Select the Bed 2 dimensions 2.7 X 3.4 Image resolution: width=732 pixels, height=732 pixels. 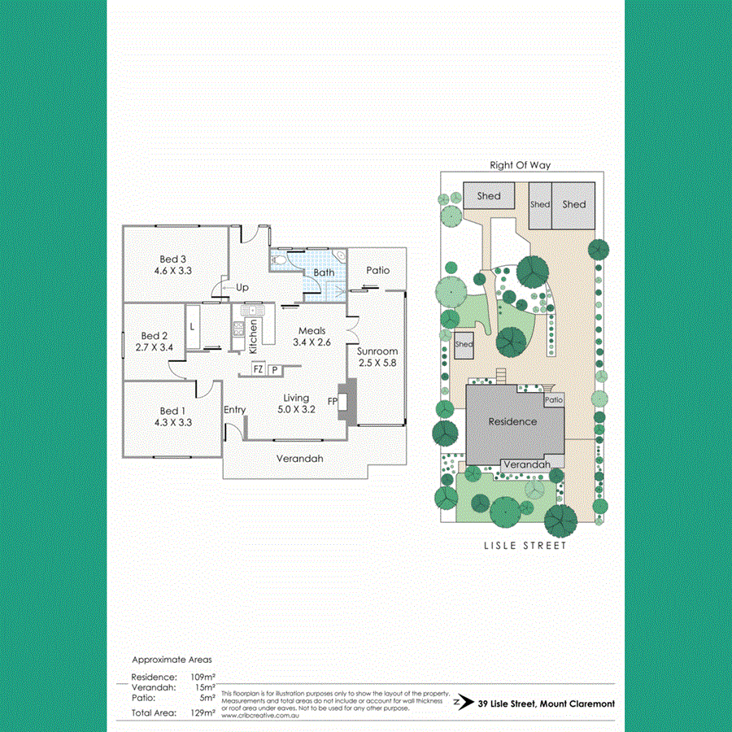click(x=154, y=347)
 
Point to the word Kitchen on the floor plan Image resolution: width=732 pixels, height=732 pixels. click(x=254, y=332)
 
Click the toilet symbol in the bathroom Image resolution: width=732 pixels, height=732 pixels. click(x=280, y=259)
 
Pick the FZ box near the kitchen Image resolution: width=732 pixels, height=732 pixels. click(x=258, y=368)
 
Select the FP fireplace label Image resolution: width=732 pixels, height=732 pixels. click(x=332, y=402)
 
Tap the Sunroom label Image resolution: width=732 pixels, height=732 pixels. click(x=377, y=351)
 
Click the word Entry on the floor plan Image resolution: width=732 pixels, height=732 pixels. click(x=234, y=410)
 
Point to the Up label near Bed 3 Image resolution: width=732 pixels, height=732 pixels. click(x=242, y=288)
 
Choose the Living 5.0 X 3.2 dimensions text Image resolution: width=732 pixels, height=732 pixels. click(x=296, y=410)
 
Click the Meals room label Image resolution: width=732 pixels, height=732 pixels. click(x=312, y=331)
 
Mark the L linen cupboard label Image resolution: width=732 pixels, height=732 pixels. click(x=192, y=326)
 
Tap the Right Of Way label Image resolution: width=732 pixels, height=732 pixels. click(x=520, y=165)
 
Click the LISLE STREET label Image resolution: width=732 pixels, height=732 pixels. click(x=520, y=546)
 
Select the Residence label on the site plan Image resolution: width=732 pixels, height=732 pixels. click(x=512, y=421)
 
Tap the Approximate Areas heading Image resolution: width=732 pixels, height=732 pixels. click(x=172, y=660)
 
